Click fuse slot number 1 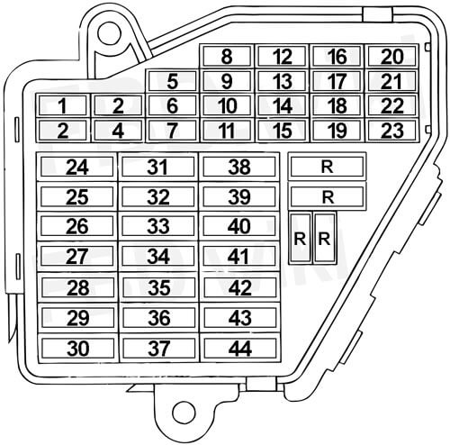click(x=63, y=105)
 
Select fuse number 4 click(x=118, y=131)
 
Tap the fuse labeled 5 click(x=172, y=81)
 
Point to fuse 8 click(x=227, y=56)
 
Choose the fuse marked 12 click(x=282, y=56)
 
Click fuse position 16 click(x=337, y=56)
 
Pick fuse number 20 click(x=391, y=56)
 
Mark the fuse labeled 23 click(x=391, y=131)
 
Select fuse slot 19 click(x=337, y=131)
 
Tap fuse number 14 click(x=282, y=105)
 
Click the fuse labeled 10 click(x=227, y=105)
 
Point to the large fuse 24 click(x=77, y=167)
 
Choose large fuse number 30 click(x=78, y=349)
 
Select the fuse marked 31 click(x=158, y=167)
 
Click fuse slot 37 click(x=159, y=349)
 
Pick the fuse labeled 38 click(x=239, y=167)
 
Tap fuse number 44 click(x=240, y=349)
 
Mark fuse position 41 click(x=239, y=256)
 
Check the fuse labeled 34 click(x=158, y=256)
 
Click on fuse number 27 click(x=77, y=256)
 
